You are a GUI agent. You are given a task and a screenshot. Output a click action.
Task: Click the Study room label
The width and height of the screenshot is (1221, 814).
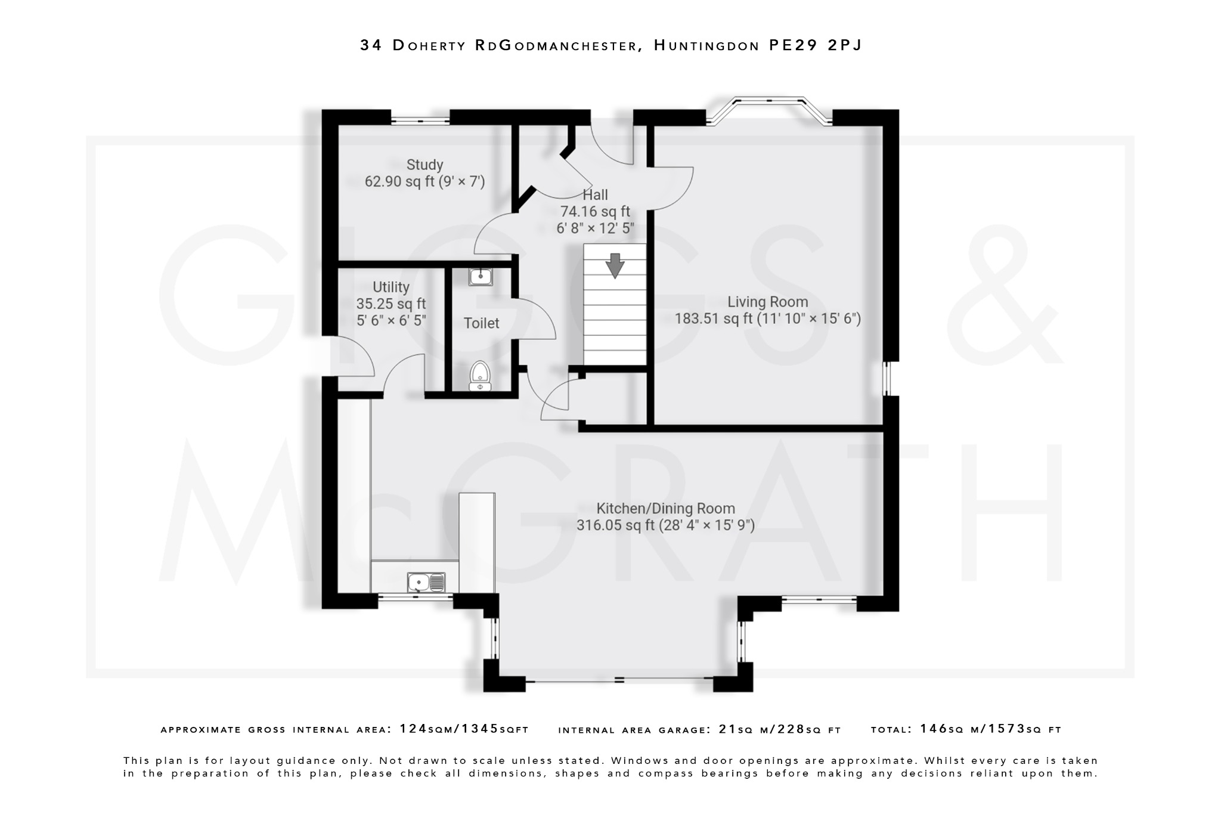tap(424, 165)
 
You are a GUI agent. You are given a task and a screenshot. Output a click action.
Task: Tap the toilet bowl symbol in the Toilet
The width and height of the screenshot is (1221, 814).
tap(480, 376)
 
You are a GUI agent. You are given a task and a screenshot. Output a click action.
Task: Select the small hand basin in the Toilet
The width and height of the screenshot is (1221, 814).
tap(481, 277)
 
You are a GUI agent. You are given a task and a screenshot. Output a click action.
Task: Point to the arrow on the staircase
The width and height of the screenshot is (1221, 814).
tap(615, 265)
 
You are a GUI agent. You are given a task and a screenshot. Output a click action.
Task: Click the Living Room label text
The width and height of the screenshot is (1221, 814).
tap(767, 302)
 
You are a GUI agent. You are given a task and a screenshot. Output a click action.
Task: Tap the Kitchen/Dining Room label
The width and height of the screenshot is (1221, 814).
tap(665, 509)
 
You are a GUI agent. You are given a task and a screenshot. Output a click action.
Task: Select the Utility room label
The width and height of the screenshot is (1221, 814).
tap(391, 287)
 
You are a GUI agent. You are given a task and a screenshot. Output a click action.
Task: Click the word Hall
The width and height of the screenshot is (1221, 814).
tap(595, 195)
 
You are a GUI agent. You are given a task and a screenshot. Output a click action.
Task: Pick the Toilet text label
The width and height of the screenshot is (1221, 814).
tap(481, 323)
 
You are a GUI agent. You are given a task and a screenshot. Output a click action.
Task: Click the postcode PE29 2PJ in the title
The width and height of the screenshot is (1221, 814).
tap(815, 45)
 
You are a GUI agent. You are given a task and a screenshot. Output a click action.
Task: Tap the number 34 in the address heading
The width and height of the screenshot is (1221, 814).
tap(371, 45)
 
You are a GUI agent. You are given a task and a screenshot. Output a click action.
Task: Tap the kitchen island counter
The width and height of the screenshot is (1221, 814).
tap(477, 541)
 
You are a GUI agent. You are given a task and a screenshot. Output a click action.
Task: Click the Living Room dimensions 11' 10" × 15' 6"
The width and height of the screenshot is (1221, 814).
tap(809, 318)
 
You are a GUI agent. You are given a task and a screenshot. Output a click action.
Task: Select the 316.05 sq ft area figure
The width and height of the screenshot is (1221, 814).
tap(615, 525)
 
